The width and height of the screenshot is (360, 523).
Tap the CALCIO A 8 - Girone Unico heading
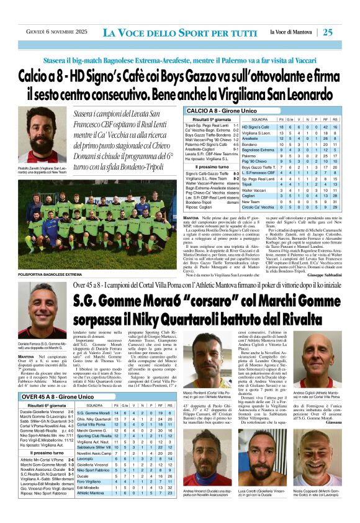click(x=216, y=110)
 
